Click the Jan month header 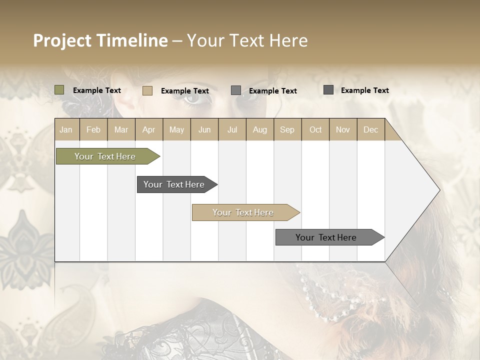66,129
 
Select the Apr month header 148,129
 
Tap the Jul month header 232,129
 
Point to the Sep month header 287,129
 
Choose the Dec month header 370,129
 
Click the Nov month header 342,129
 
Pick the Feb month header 93,129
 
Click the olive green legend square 59,90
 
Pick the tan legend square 147,90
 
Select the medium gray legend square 236,90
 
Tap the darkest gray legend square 328,90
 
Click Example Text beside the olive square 97,90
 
